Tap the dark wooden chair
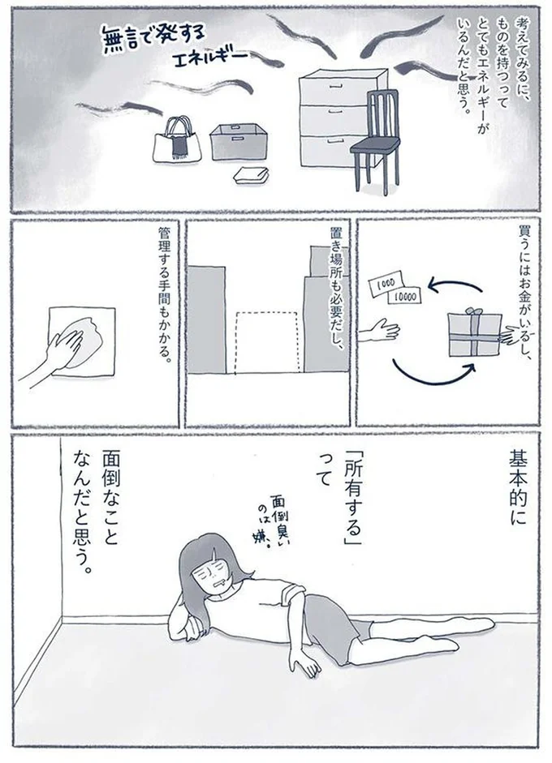pyautogui.click(x=375, y=138)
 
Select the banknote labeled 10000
pyautogui.click(x=405, y=297)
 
